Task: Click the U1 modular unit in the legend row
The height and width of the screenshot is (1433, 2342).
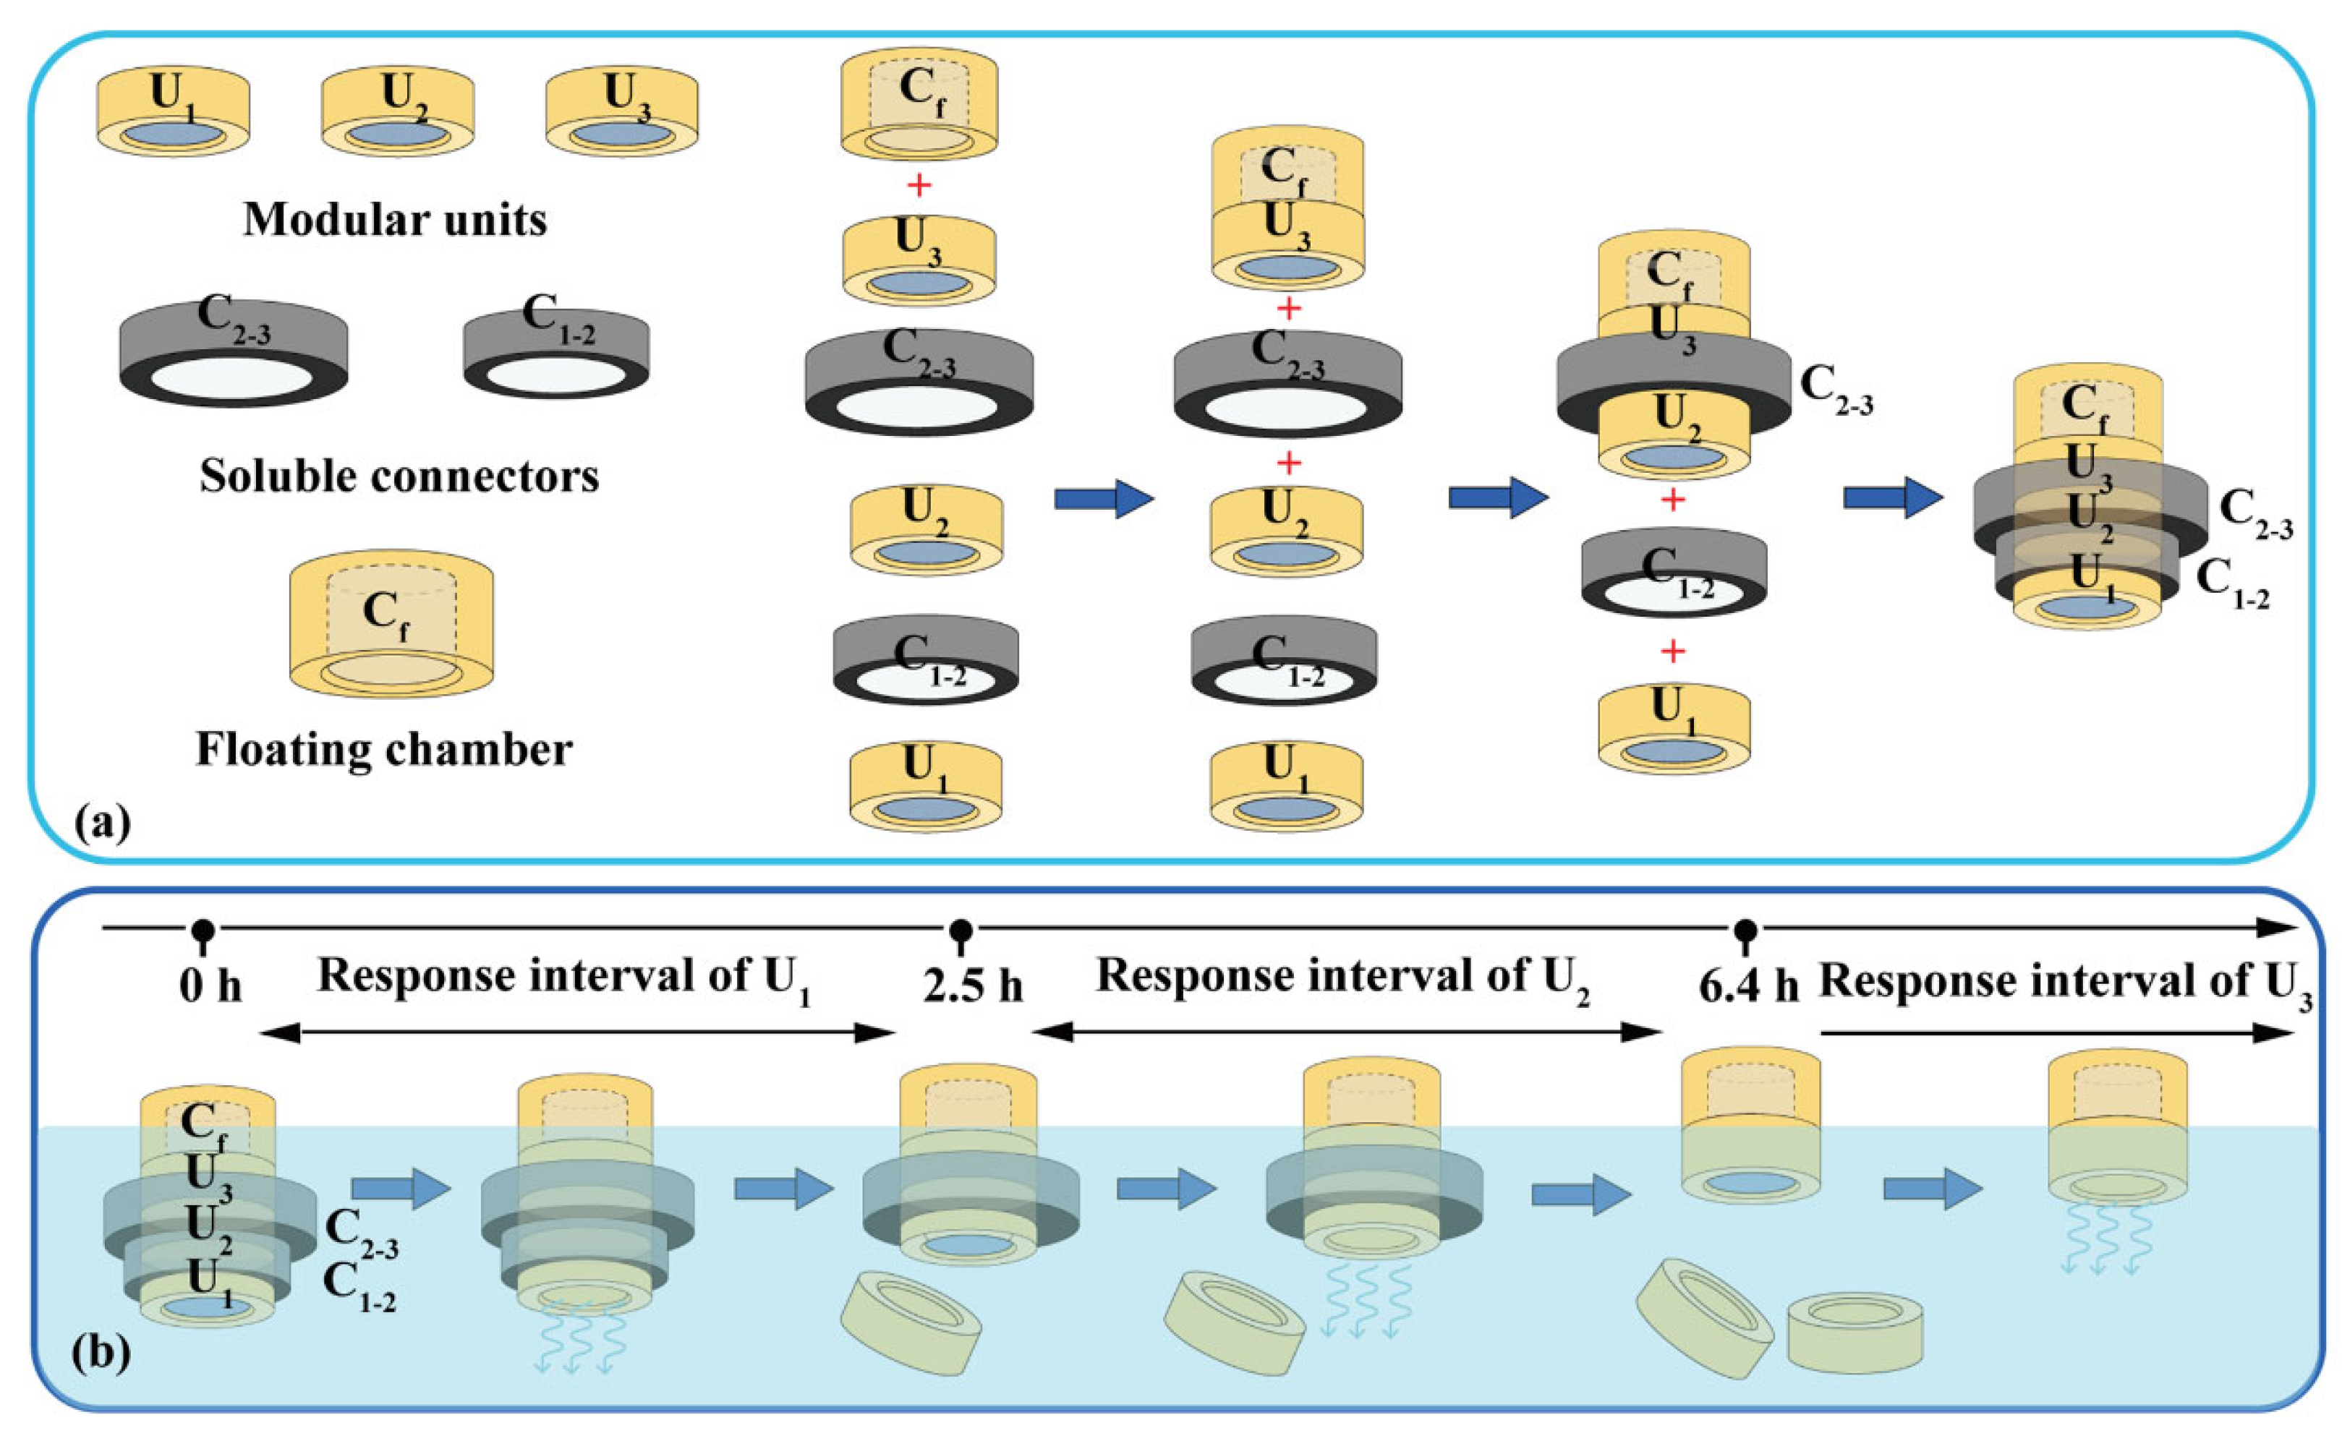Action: pyautogui.click(x=173, y=112)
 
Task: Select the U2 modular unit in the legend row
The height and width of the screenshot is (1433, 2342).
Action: pyautogui.click(x=397, y=112)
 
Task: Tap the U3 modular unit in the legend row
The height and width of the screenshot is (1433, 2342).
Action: pyautogui.click(x=621, y=112)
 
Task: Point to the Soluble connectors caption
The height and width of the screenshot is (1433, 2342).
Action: pyautogui.click(x=399, y=476)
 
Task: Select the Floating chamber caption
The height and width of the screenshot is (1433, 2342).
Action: pyautogui.click(x=384, y=750)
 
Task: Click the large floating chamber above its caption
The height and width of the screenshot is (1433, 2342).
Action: pyautogui.click(x=391, y=627)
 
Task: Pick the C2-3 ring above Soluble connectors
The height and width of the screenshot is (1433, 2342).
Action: pyautogui.click(x=234, y=354)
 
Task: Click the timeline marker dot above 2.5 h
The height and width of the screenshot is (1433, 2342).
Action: pyautogui.click(x=961, y=928)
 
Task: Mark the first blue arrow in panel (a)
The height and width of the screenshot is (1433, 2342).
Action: pyautogui.click(x=1102, y=498)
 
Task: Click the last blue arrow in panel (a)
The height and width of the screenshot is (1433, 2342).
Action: pyautogui.click(x=1891, y=498)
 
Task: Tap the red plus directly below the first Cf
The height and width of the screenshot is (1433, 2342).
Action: pyautogui.click(x=918, y=185)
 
